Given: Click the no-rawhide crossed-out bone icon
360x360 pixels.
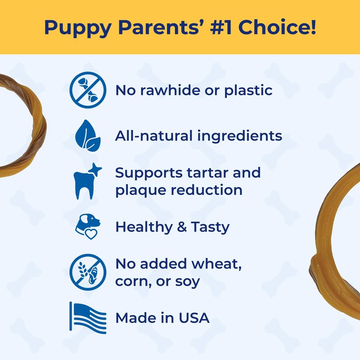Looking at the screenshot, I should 88,90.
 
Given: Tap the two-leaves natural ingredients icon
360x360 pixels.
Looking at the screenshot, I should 88,135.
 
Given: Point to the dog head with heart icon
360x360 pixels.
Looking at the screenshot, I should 87,227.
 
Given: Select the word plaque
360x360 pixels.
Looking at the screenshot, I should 140,190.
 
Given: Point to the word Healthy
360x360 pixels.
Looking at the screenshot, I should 142,227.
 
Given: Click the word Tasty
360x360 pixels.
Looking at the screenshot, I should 209,227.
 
